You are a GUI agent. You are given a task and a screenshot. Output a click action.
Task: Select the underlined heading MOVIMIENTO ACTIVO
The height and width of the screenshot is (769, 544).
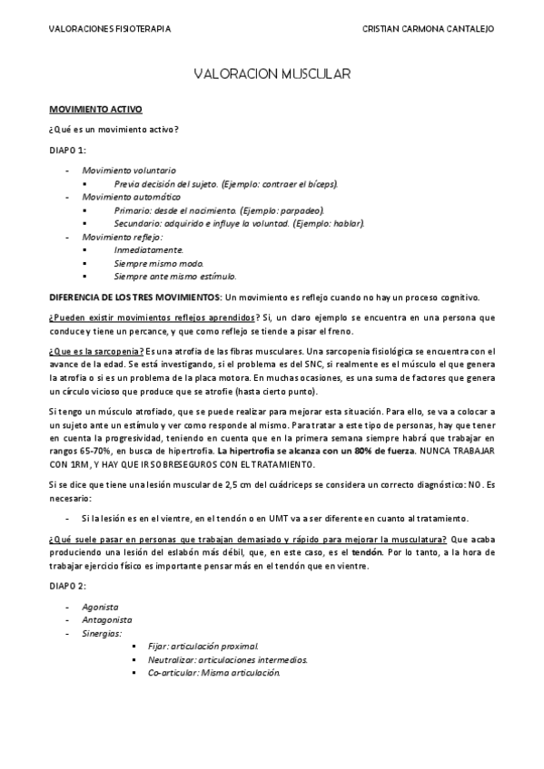[x=95, y=109]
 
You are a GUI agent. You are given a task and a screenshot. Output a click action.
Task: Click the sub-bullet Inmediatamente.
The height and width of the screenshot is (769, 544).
[x=149, y=249]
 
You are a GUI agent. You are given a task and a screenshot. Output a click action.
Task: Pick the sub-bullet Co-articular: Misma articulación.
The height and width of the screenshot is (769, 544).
[x=213, y=673]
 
